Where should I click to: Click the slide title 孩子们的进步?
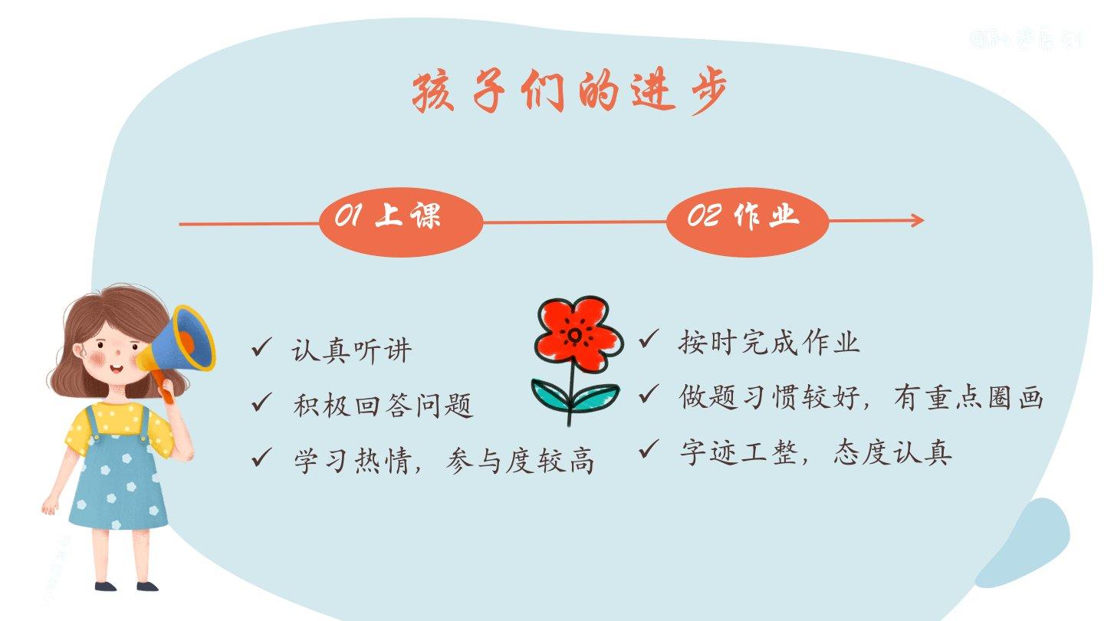(569, 94)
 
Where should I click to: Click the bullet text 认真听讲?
(352, 351)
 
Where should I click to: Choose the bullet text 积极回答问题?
(383, 405)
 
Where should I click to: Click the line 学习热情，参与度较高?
(443, 459)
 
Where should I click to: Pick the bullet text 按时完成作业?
(769, 343)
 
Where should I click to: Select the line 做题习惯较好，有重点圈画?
(861, 397)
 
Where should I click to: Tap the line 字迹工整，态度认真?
(816, 452)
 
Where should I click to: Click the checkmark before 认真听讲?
(261, 350)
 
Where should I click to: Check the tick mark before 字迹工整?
(649, 449)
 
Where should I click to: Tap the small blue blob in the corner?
(1027, 540)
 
